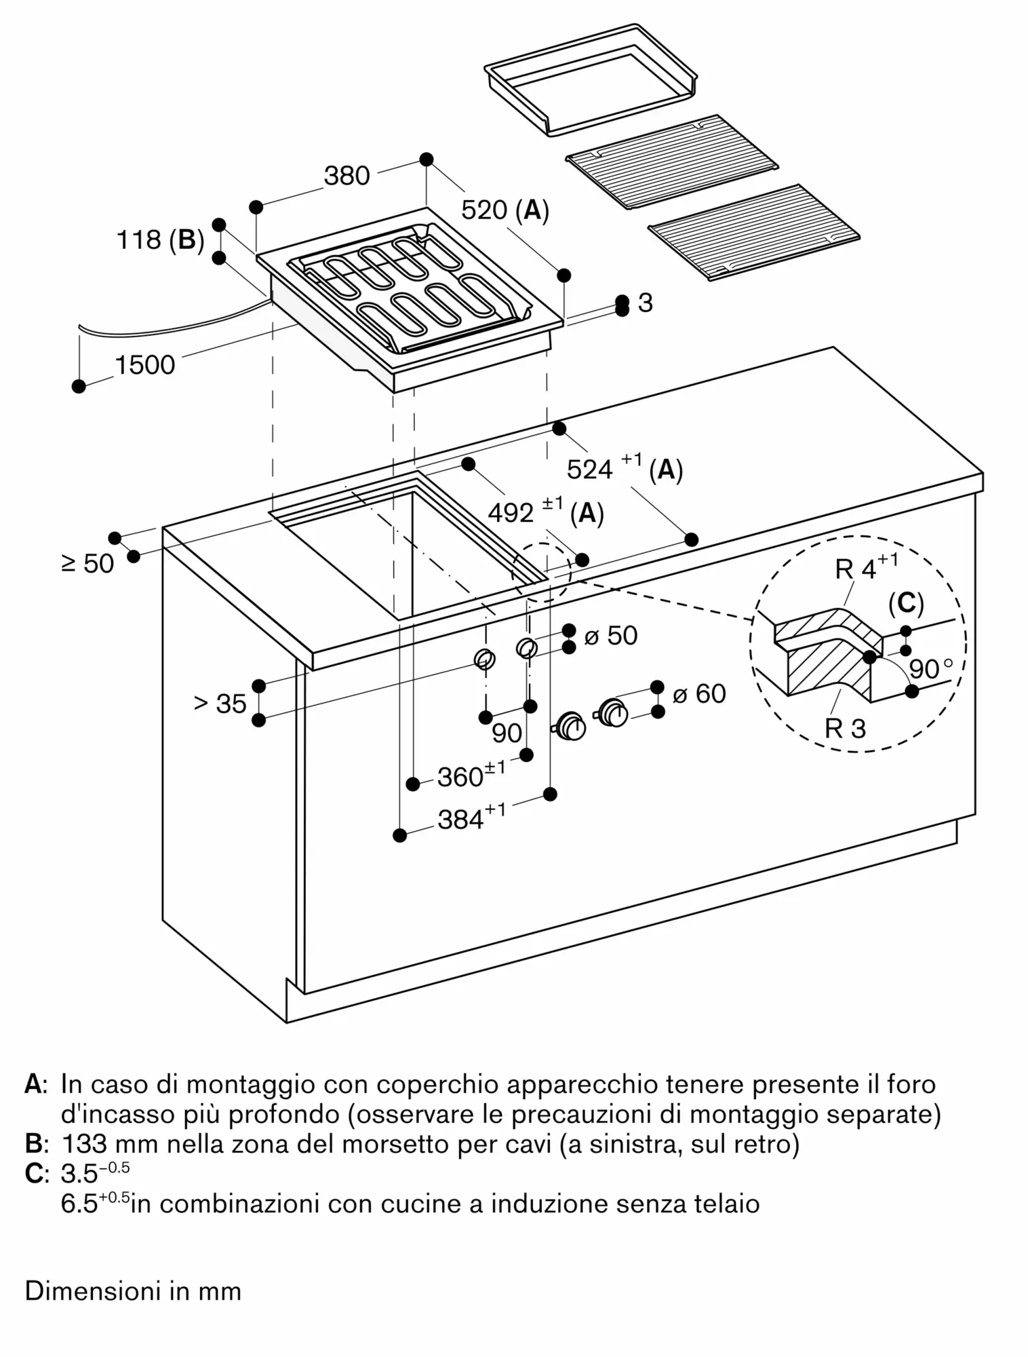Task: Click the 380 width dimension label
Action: click(x=347, y=176)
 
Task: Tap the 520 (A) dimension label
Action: click(x=505, y=210)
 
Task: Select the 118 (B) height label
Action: click(x=160, y=240)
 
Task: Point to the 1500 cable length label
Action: click(x=144, y=365)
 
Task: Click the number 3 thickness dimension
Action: click(x=645, y=303)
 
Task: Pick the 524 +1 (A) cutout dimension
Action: click(x=624, y=467)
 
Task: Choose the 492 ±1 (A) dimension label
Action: click(x=545, y=512)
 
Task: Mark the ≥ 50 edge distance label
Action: click(x=88, y=563)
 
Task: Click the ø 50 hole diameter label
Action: click(x=610, y=636)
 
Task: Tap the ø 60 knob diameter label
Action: click(x=699, y=693)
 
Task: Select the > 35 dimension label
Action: click(x=220, y=704)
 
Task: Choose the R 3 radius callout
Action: click(x=845, y=729)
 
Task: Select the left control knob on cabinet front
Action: click(x=572, y=726)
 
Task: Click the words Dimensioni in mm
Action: click(x=133, y=1291)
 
